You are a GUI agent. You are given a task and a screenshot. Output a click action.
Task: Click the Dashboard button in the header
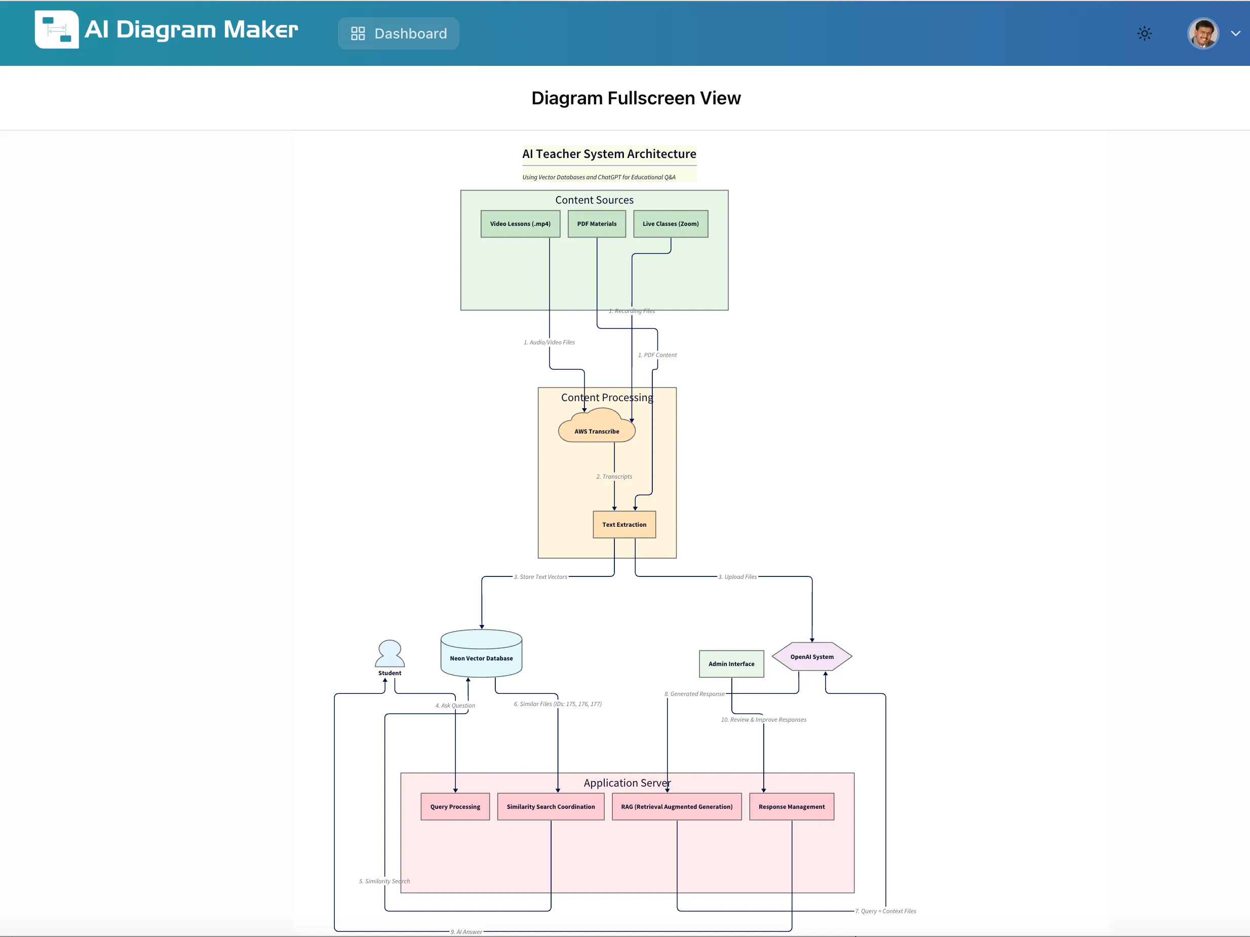point(399,33)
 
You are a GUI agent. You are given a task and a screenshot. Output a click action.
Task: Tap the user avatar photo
point(1202,33)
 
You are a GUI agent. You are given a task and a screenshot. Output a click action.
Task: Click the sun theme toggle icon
point(1144,33)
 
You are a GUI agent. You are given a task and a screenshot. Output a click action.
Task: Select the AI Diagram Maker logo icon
point(57,29)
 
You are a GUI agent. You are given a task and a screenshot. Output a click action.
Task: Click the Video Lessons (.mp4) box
point(520,224)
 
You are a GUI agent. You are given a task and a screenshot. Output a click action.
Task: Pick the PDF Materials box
point(596,224)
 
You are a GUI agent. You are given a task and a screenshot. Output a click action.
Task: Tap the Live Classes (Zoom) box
point(670,224)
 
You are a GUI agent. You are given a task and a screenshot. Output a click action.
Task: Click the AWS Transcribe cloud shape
point(596,430)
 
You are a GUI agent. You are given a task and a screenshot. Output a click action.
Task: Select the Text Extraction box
point(624,524)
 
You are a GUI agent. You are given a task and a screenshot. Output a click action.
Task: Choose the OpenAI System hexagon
point(811,657)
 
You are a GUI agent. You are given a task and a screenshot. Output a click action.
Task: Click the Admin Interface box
point(731,664)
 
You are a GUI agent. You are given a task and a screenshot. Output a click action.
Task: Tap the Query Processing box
point(455,806)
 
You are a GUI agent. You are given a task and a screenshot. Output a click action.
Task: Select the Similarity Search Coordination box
point(551,806)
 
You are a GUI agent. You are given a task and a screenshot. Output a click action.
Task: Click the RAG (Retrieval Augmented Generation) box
point(677,806)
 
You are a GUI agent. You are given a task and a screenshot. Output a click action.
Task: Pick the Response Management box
point(791,806)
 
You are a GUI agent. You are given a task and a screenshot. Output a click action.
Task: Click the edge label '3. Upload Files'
point(737,577)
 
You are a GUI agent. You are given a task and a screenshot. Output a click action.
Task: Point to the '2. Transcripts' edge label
point(614,477)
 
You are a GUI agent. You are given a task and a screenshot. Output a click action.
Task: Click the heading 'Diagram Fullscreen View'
point(636,98)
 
